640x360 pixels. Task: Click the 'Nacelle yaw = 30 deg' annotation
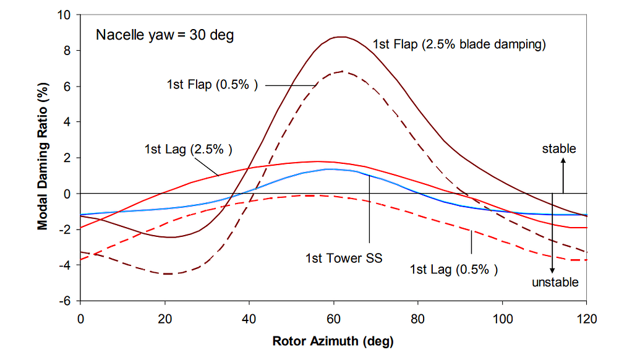(x=164, y=35)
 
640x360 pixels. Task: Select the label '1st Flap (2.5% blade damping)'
(x=459, y=44)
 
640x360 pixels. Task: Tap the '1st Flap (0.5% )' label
(x=211, y=85)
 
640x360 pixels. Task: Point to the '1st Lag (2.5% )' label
(x=188, y=149)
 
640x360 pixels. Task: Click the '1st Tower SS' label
(x=344, y=257)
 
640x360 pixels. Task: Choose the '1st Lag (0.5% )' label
(x=454, y=269)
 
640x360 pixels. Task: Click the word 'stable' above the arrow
(x=558, y=148)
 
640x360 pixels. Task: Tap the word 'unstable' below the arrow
(x=555, y=282)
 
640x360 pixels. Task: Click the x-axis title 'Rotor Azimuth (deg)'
(x=333, y=341)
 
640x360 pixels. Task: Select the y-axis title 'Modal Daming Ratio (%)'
(x=43, y=158)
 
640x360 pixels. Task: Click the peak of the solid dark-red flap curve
(x=341, y=37)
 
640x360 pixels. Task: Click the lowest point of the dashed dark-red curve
(x=167, y=273)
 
